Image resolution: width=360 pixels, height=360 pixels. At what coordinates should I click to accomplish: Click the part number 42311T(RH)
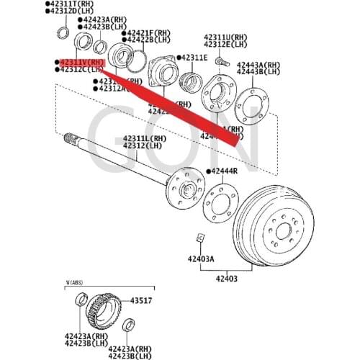(x=71, y=4)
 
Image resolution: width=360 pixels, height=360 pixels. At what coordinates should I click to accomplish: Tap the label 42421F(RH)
(x=149, y=33)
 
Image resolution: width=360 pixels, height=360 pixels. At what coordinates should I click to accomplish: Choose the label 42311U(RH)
(x=228, y=37)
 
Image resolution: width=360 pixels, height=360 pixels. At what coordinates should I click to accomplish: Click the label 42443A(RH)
(x=258, y=65)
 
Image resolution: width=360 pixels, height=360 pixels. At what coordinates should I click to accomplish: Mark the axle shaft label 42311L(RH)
(x=145, y=138)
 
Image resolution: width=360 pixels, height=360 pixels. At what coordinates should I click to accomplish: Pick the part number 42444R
(x=225, y=171)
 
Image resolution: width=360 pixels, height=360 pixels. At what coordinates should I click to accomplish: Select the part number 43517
(x=140, y=300)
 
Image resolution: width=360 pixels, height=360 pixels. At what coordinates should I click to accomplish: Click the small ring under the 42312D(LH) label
(x=63, y=32)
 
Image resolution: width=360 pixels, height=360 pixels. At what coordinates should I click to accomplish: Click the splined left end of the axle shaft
(x=71, y=138)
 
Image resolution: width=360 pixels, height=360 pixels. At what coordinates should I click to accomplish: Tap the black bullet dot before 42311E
(x=177, y=58)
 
